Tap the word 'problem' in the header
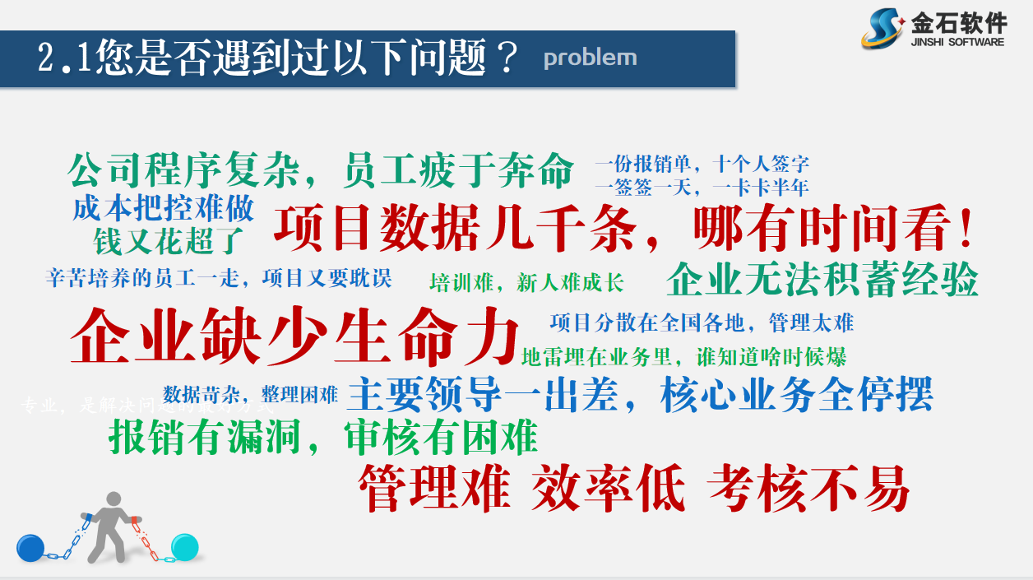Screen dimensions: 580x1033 pyautogui.click(x=590, y=58)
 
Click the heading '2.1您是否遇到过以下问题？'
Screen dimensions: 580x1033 pyautogui.click(x=279, y=59)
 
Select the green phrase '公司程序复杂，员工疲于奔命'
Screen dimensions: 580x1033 pyautogui.click(x=321, y=171)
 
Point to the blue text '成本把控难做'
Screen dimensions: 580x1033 pyautogui.click(x=164, y=208)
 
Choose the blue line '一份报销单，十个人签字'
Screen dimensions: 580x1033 pyautogui.click(x=702, y=164)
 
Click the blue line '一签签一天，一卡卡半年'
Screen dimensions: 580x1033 pyautogui.click(x=702, y=188)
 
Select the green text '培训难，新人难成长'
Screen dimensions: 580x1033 pyautogui.click(x=526, y=284)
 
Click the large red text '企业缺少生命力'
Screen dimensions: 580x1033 pyautogui.click(x=296, y=337)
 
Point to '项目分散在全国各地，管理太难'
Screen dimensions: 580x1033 pyautogui.click(x=702, y=322)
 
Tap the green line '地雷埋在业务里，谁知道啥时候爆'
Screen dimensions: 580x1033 pyautogui.click(x=683, y=357)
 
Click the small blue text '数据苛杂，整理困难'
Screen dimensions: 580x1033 pyautogui.click(x=250, y=394)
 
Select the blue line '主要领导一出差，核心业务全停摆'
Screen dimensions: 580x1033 pyautogui.click(x=640, y=394)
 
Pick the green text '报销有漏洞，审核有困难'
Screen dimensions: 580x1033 pyautogui.click(x=323, y=437)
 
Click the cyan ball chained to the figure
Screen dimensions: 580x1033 pyautogui.click(x=185, y=545)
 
